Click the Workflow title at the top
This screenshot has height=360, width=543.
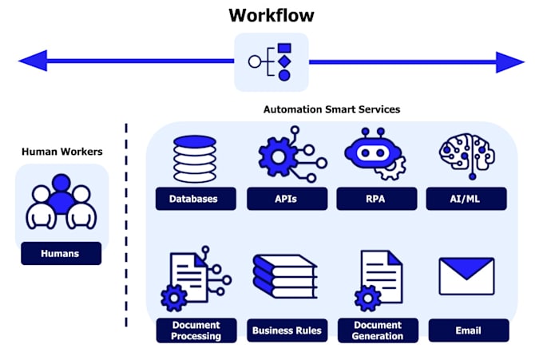[271, 15]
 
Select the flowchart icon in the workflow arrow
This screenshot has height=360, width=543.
[271, 62]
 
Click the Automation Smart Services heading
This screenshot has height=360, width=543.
[332, 109]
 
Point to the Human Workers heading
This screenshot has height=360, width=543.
[61, 151]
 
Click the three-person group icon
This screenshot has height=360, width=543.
[61, 203]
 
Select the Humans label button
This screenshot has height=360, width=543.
[61, 254]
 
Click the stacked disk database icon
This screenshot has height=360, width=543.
[195, 159]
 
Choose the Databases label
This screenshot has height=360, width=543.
[195, 199]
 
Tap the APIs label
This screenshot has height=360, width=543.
[286, 199]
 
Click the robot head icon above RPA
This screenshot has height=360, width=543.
[375, 154]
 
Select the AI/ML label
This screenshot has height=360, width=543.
[467, 199]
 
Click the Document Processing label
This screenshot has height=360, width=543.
[196, 330]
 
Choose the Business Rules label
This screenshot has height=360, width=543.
[287, 330]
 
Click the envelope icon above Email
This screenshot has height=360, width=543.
[467, 277]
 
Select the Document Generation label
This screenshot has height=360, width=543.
[377, 330]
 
